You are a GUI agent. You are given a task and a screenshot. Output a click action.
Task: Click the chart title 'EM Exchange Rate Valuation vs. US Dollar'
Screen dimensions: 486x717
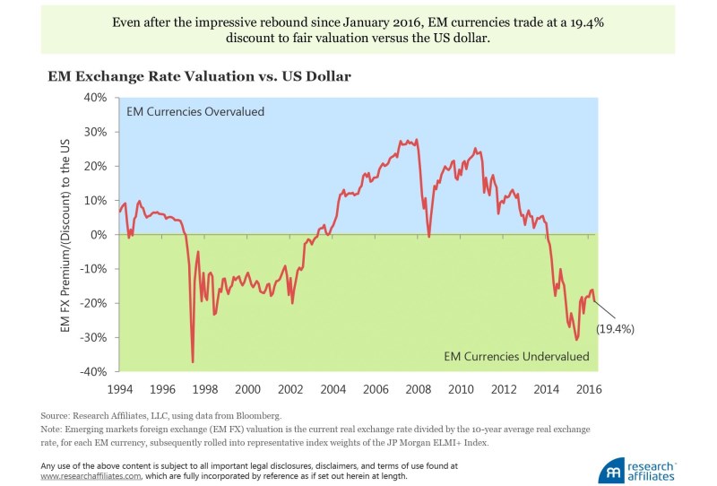(x=199, y=77)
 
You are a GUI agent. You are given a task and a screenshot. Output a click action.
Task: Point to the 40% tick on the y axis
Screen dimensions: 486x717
(x=94, y=97)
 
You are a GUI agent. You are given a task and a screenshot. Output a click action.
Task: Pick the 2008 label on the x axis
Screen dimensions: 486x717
(x=418, y=390)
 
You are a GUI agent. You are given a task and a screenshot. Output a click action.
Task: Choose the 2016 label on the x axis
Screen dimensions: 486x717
(x=588, y=390)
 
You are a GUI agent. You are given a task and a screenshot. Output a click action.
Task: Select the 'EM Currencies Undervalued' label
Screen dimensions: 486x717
(x=517, y=357)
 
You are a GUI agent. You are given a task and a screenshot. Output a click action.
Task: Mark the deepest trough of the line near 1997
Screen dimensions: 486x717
(x=193, y=361)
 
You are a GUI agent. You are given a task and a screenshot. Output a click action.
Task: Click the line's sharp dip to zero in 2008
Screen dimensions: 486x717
(x=429, y=237)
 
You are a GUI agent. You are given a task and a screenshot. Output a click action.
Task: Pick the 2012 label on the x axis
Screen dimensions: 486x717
(x=503, y=390)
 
